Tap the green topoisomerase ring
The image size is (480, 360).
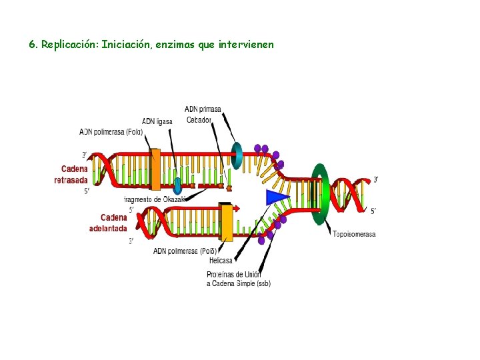point(321,193)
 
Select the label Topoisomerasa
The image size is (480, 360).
point(354,234)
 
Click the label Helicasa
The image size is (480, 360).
point(221,261)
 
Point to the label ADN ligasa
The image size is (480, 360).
point(157,121)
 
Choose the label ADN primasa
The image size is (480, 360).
point(203,109)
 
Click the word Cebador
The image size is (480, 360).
point(199,120)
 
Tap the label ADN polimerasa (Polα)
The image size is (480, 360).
point(111,132)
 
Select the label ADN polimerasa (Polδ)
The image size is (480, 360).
point(185,251)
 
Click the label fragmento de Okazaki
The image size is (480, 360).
point(154,199)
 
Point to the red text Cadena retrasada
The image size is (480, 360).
point(71,175)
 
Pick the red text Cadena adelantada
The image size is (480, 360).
point(108,223)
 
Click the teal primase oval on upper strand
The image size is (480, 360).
point(237,155)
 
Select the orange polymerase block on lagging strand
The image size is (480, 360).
point(155,169)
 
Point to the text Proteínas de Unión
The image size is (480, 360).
point(234,274)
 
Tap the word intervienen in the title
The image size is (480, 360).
point(246,45)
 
